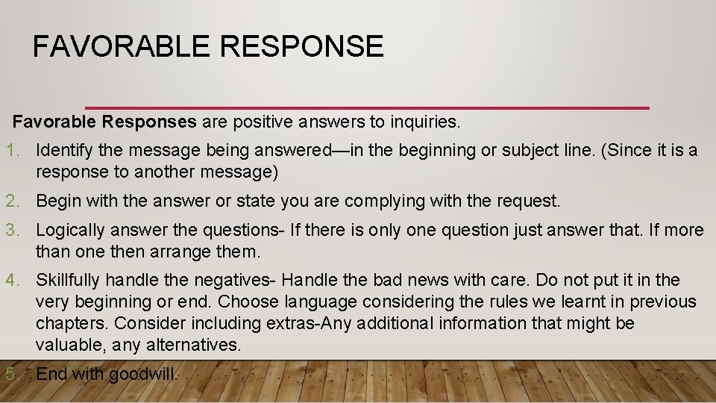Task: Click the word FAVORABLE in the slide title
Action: (122, 46)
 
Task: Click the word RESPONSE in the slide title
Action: (302, 46)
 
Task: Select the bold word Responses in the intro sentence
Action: (149, 120)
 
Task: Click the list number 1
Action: (13, 150)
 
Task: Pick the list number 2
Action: (13, 201)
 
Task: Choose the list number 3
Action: (13, 230)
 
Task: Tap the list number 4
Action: (13, 280)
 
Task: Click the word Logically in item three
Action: (71, 230)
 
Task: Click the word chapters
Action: (69, 323)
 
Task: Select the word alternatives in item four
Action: (198, 345)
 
